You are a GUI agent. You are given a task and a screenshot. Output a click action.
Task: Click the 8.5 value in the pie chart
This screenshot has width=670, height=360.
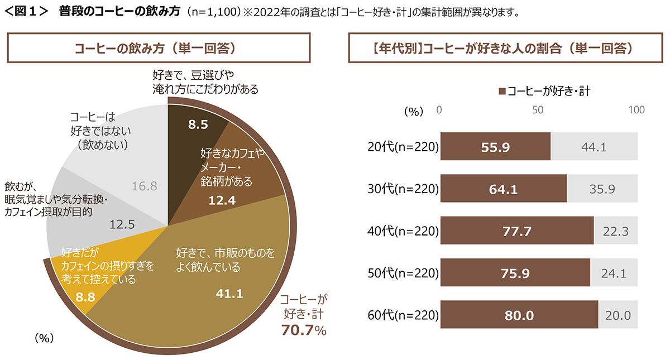[198, 125]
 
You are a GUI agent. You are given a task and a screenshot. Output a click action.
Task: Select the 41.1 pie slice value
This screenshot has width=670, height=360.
[229, 292]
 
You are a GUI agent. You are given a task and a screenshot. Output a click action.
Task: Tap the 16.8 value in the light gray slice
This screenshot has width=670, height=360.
[144, 186]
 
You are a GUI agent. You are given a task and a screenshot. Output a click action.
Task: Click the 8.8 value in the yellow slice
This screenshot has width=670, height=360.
[84, 297]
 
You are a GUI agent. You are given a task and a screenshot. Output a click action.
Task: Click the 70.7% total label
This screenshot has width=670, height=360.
[304, 331]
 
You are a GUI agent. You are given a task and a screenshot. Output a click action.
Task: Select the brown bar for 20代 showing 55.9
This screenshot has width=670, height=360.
[495, 147]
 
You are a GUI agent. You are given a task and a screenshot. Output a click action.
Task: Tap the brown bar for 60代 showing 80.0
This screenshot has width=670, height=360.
[519, 315]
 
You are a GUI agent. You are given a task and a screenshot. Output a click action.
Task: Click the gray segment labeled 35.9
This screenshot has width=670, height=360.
[602, 189]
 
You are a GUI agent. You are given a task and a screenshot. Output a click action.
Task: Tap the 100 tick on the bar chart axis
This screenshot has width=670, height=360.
[636, 110]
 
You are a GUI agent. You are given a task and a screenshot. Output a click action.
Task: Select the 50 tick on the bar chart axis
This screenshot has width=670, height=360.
[538, 110]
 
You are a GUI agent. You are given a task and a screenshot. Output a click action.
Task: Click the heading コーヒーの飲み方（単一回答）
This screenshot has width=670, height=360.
[159, 48]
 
